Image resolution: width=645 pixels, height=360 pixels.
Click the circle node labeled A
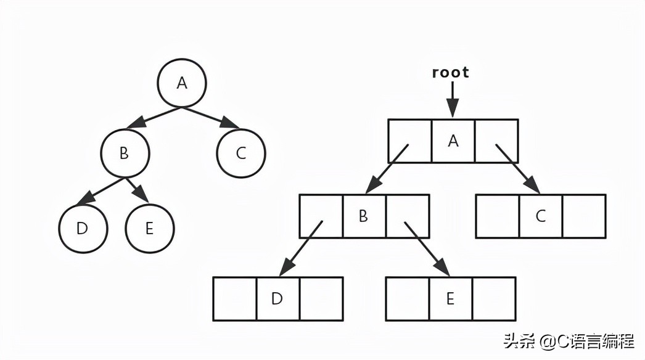point(181,83)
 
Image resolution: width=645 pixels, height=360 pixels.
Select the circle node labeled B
point(125,153)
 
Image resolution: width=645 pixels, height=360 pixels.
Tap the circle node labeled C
point(240,153)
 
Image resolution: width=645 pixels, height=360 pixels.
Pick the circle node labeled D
point(83,228)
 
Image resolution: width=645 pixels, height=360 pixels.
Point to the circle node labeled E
point(149,228)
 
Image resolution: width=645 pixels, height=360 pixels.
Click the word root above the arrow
point(450,72)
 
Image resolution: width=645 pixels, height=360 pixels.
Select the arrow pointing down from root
point(453,99)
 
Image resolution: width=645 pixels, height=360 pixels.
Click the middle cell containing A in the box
point(453,141)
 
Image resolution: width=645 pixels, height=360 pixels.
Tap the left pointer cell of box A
point(409,141)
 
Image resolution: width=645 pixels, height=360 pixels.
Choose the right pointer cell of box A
point(496,141)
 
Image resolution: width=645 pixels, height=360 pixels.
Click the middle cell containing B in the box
point(364,216)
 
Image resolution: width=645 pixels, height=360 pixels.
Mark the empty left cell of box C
point(497,216)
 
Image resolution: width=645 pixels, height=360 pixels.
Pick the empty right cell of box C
point(584,216)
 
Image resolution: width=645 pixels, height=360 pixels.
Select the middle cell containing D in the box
point(277,299)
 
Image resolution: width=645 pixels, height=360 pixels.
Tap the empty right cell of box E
point(493,299)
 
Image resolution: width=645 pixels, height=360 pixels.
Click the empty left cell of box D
point(234,299)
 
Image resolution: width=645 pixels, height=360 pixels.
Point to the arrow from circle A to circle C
point(211,118)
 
